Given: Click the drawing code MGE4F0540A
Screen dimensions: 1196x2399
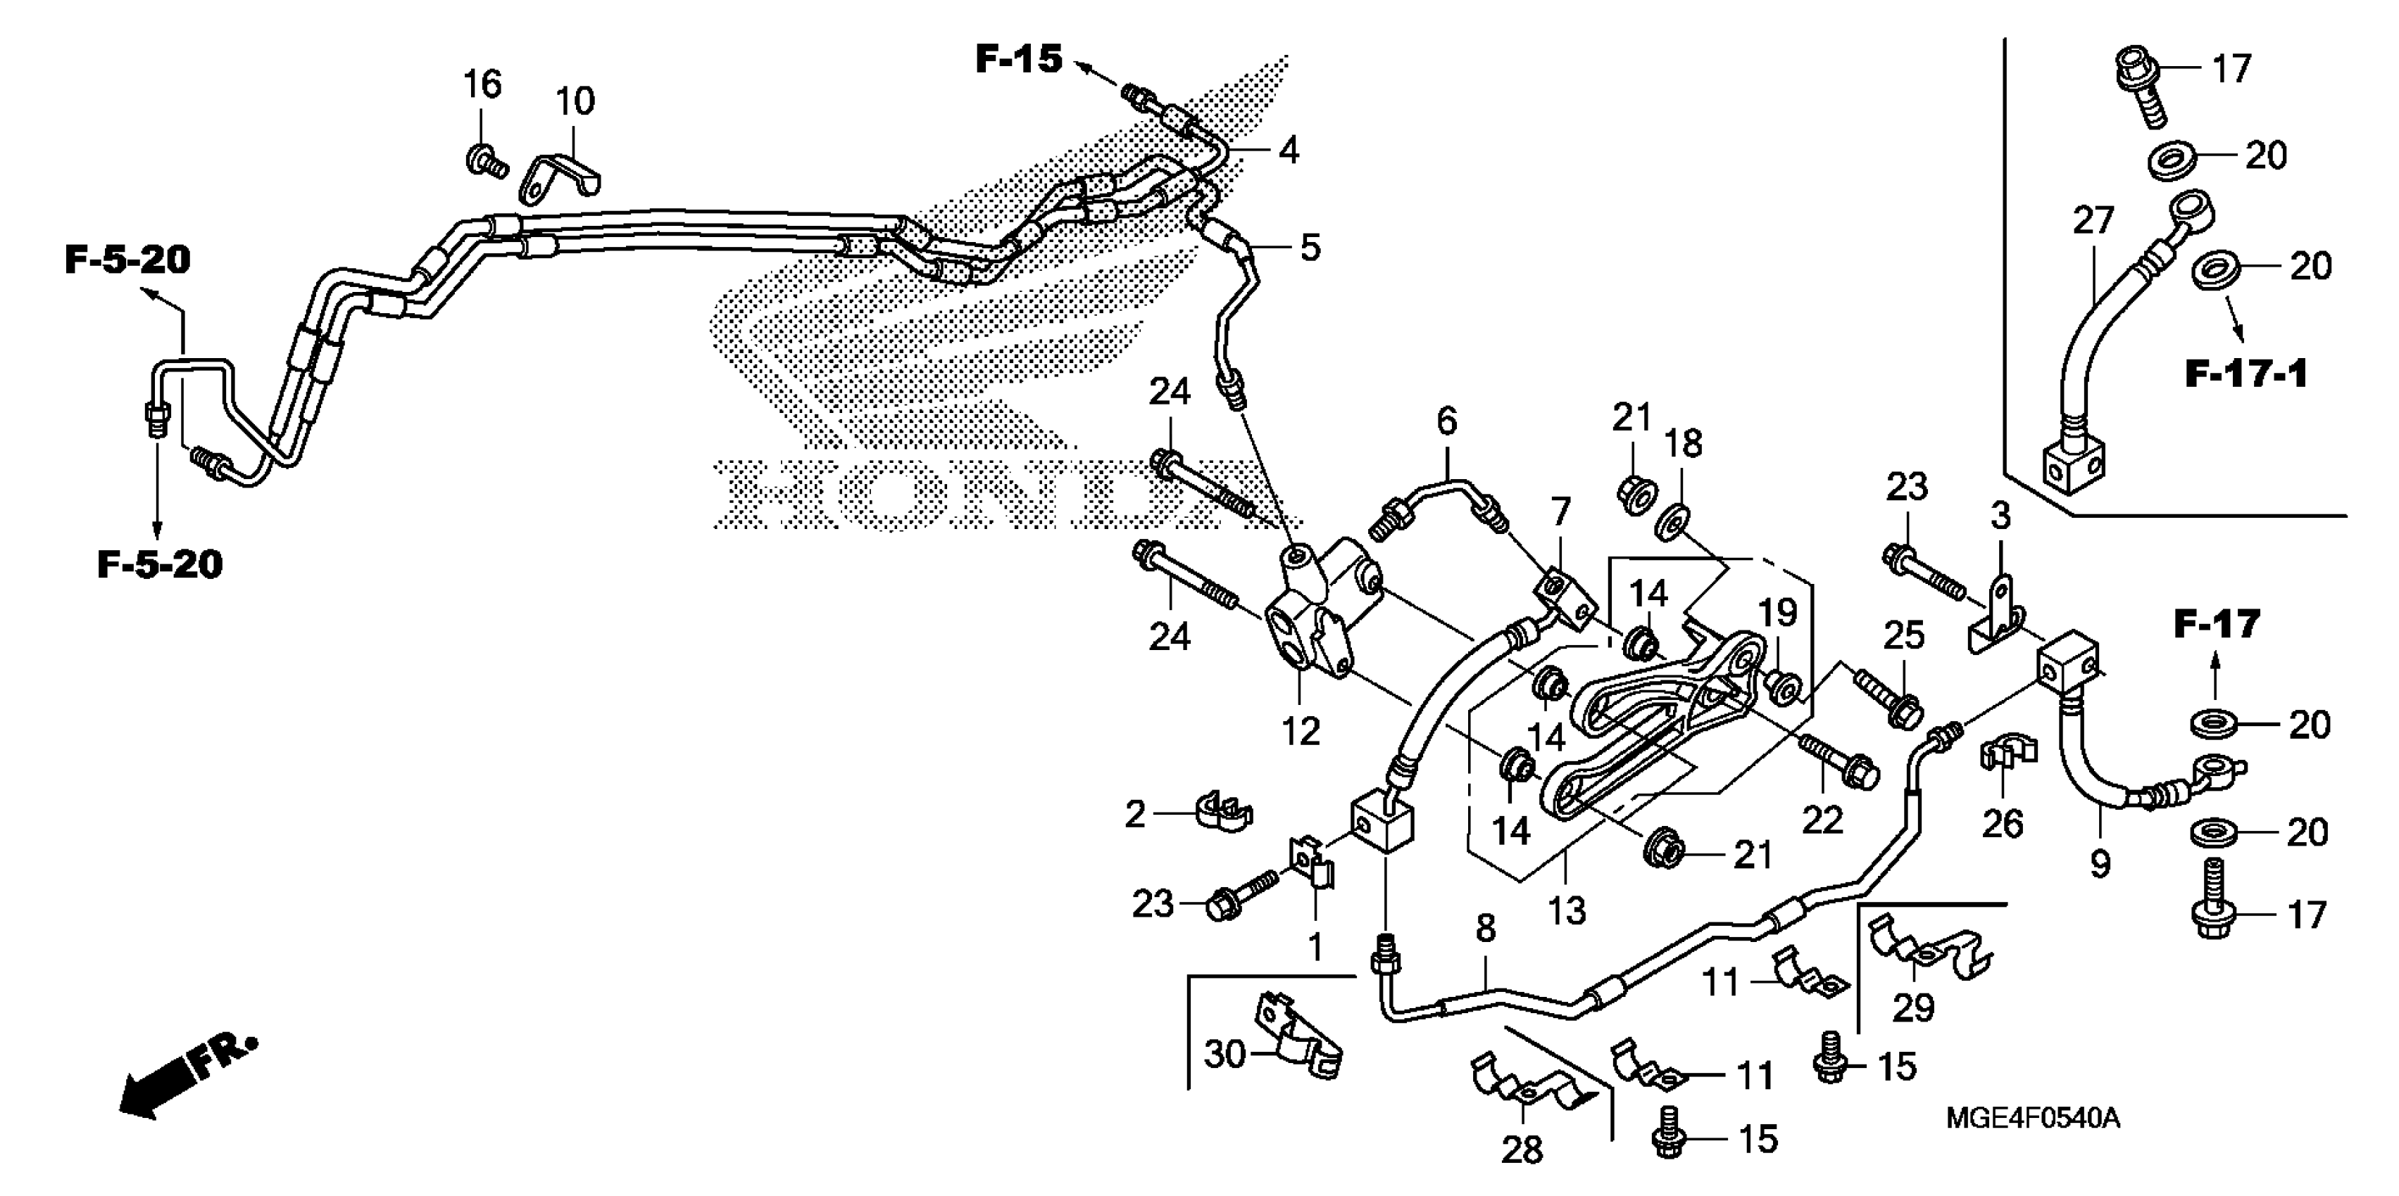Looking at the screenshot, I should click(2032, 1117).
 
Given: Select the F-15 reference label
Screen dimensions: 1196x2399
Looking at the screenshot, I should click(1018, 60).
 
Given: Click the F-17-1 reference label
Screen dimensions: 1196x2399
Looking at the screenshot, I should click(2245, 374).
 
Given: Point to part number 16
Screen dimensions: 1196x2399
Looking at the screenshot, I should click(482, 84).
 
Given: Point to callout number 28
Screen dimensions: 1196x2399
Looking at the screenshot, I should click(1522, 1150).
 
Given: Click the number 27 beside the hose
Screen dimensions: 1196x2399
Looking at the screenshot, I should click(2093, 222).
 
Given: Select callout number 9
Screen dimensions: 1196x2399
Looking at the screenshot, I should click(2099, 865).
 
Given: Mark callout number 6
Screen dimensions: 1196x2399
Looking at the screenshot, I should click(1446, 421).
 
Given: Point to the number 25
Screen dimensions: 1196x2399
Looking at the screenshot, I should click(1903, 636).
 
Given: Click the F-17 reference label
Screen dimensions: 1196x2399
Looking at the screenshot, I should click(2217, 623).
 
